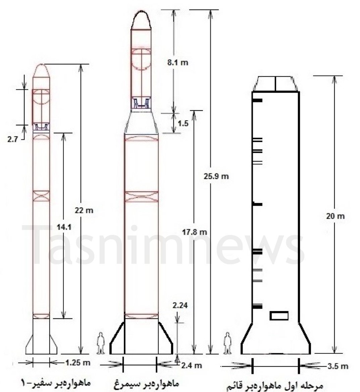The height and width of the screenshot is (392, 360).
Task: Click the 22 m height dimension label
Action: (x=84, y=210)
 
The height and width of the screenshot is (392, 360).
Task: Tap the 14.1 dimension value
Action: (x=64, y=227)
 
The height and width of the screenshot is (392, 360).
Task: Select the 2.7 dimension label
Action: (x=12, y=139)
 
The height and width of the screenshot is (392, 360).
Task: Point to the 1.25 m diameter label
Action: (x=78, y=362)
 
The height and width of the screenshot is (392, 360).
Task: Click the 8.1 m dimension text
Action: (x=178, y=62)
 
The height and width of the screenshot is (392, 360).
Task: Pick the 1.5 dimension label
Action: (x=183, y=124)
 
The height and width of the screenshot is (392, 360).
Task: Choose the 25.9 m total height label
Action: (x=216, y=177)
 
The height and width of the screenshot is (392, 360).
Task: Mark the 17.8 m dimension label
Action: (x=195, y=232)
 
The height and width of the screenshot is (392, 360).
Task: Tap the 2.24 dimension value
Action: (x=180, y=305)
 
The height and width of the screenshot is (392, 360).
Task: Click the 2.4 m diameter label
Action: (x=191, y=366)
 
